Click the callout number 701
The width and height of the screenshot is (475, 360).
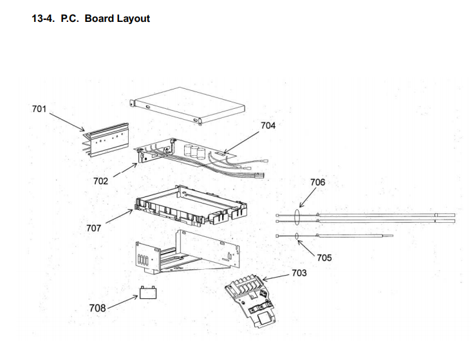(x=39, y=109)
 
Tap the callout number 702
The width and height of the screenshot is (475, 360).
(x=100, y=181)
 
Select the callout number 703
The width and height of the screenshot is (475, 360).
(x=299, y=273)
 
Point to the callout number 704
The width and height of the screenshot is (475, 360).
(x=268, y=126)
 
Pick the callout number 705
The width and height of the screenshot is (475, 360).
(x=324, y=258)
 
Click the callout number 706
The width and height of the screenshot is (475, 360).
(x=317, y=182)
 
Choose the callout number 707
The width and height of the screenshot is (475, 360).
(x=93, y=228)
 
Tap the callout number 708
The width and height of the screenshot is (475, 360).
(x=97, y=308)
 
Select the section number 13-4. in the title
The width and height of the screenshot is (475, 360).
(x=43, y=19)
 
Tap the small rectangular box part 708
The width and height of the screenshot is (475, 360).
(x=148, y=293)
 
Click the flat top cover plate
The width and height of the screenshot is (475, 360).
(x=187, y=106)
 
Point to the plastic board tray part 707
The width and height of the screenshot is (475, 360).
(x=191, y=205)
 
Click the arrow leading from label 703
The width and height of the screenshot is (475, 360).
(x=275, y=277)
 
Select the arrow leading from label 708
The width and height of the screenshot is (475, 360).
(x=123, y=302)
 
